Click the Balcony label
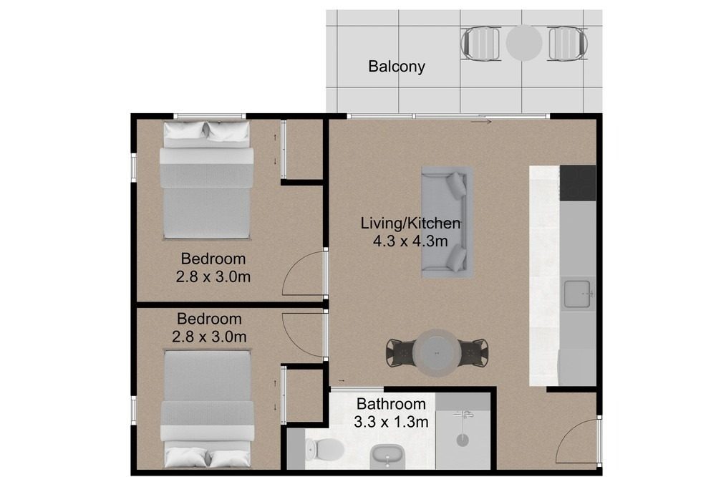[397, 67]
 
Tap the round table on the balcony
[524, 43]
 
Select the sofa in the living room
[447, 223]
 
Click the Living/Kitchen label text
[410, 223]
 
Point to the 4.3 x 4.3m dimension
[410, 241]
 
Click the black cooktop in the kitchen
[578, 183]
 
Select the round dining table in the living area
[437, 352]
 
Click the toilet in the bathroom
[324, 448]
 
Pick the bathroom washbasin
[387, 456]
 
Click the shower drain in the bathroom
[463, 440]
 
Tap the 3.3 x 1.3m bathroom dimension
[391, 422]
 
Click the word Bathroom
[391, 404]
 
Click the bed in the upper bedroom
[206, 180]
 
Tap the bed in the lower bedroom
[208, 408]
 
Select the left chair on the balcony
[480, 44]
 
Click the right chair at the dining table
[473, 352]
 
